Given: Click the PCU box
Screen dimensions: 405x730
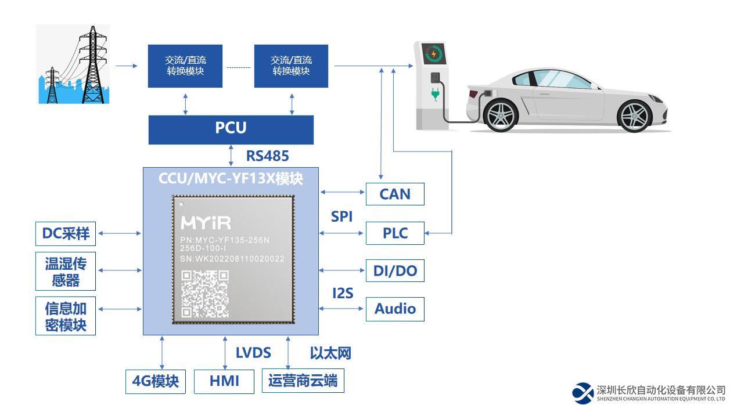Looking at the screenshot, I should (x=231, y=129).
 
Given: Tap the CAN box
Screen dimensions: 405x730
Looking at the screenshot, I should (x=395, y=194).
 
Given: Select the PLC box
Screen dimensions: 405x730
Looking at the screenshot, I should (x=395, y=233).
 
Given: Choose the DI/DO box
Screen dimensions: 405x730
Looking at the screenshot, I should (x=395, y=270).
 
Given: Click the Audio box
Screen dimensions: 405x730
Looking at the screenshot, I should (x=395, y=309).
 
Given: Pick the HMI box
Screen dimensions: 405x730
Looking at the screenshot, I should (x=224, y=381).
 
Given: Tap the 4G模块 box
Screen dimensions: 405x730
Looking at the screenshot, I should (x=156, y=381).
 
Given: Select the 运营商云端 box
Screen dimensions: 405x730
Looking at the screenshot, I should (x=303, y=381).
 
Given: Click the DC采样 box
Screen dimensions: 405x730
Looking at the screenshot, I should (x=66, y=233).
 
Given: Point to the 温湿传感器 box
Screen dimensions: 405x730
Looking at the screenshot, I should (x=66, y=272).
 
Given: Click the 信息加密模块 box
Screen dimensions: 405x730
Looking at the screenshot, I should (x=66, y=316).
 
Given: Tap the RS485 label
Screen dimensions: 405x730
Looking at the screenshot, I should (x=267, y=156).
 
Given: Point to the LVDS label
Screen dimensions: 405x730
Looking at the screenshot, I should (x=253, y=353).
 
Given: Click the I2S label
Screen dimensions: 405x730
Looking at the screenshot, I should (x=343, y=293).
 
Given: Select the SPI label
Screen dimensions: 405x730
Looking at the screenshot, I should (x=342, y=216).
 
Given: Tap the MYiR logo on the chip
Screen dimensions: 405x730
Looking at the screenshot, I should (x=206, y=223).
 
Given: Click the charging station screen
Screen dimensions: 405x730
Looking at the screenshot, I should (x=433, y=53).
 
